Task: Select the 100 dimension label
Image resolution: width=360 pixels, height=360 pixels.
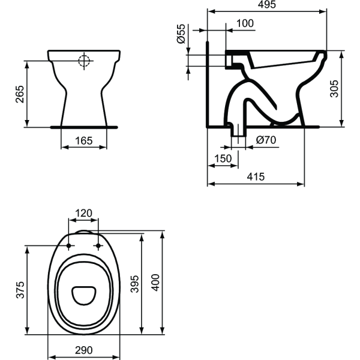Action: [245, 23]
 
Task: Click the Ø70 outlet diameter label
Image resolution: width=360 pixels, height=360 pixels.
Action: [264, 140]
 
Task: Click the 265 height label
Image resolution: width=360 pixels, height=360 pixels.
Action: [20, 94]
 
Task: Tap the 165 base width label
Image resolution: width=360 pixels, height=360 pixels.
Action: [85, 142]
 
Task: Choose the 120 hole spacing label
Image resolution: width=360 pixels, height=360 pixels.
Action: [84, 213]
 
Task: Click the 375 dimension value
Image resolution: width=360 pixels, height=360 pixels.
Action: [20, 290]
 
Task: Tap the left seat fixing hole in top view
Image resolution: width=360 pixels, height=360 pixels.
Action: [70, 246]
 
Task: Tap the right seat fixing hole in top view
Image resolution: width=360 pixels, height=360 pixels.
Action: [98, 246]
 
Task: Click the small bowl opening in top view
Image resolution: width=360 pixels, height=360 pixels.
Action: [83, 295]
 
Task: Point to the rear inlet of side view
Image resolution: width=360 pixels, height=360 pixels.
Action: [230, 59]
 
